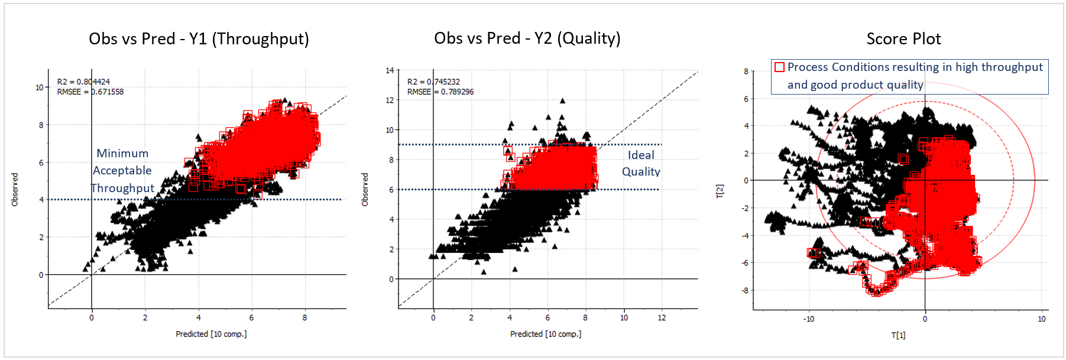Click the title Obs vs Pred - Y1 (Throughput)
[x=199, y=39]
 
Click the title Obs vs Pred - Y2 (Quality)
[x=527, y=38]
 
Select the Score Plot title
[x=903, y=39]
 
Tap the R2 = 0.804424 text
[x=83, y=82]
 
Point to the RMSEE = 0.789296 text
[x=440, y=92]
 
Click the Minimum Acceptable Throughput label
[x=122, y=171]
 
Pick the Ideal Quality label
[x=641, y=163]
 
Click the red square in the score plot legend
[x=779, y=67]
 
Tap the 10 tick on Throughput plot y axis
[x=39, y=87]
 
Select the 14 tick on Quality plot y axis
[x=390, y=70]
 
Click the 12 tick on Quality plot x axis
[x=662, y=318]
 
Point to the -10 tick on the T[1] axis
[x=808, y=319]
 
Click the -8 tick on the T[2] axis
[x=746, y=290]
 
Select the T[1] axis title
[x=898, y=335]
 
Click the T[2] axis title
[x=720, y=191]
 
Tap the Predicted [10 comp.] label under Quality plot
[x=546, y=334]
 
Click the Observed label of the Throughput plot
[x=15, y=189]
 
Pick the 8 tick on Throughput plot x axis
[x=304, y=318]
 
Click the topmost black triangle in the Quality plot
[x=562, y=101]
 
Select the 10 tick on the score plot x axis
[x=1041, y=319]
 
